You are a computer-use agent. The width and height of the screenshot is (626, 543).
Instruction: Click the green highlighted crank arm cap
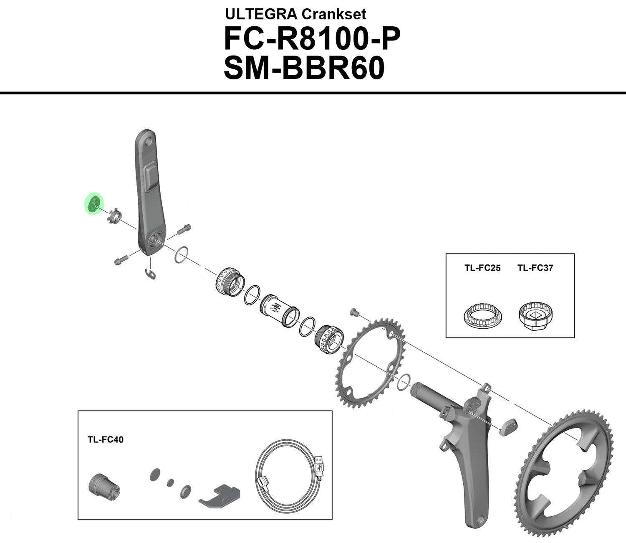[93, 203]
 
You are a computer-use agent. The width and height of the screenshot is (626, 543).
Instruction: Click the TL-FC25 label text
[482, 268]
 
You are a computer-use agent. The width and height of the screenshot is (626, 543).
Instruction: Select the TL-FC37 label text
[535, 268]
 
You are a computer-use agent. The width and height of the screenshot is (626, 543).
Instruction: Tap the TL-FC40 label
[105, 439]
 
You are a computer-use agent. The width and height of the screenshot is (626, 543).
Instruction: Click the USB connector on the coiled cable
[320, 465]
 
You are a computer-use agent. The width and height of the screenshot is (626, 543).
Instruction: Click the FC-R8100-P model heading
[312, 39]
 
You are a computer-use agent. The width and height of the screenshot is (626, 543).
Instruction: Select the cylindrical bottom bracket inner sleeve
[278, 310]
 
